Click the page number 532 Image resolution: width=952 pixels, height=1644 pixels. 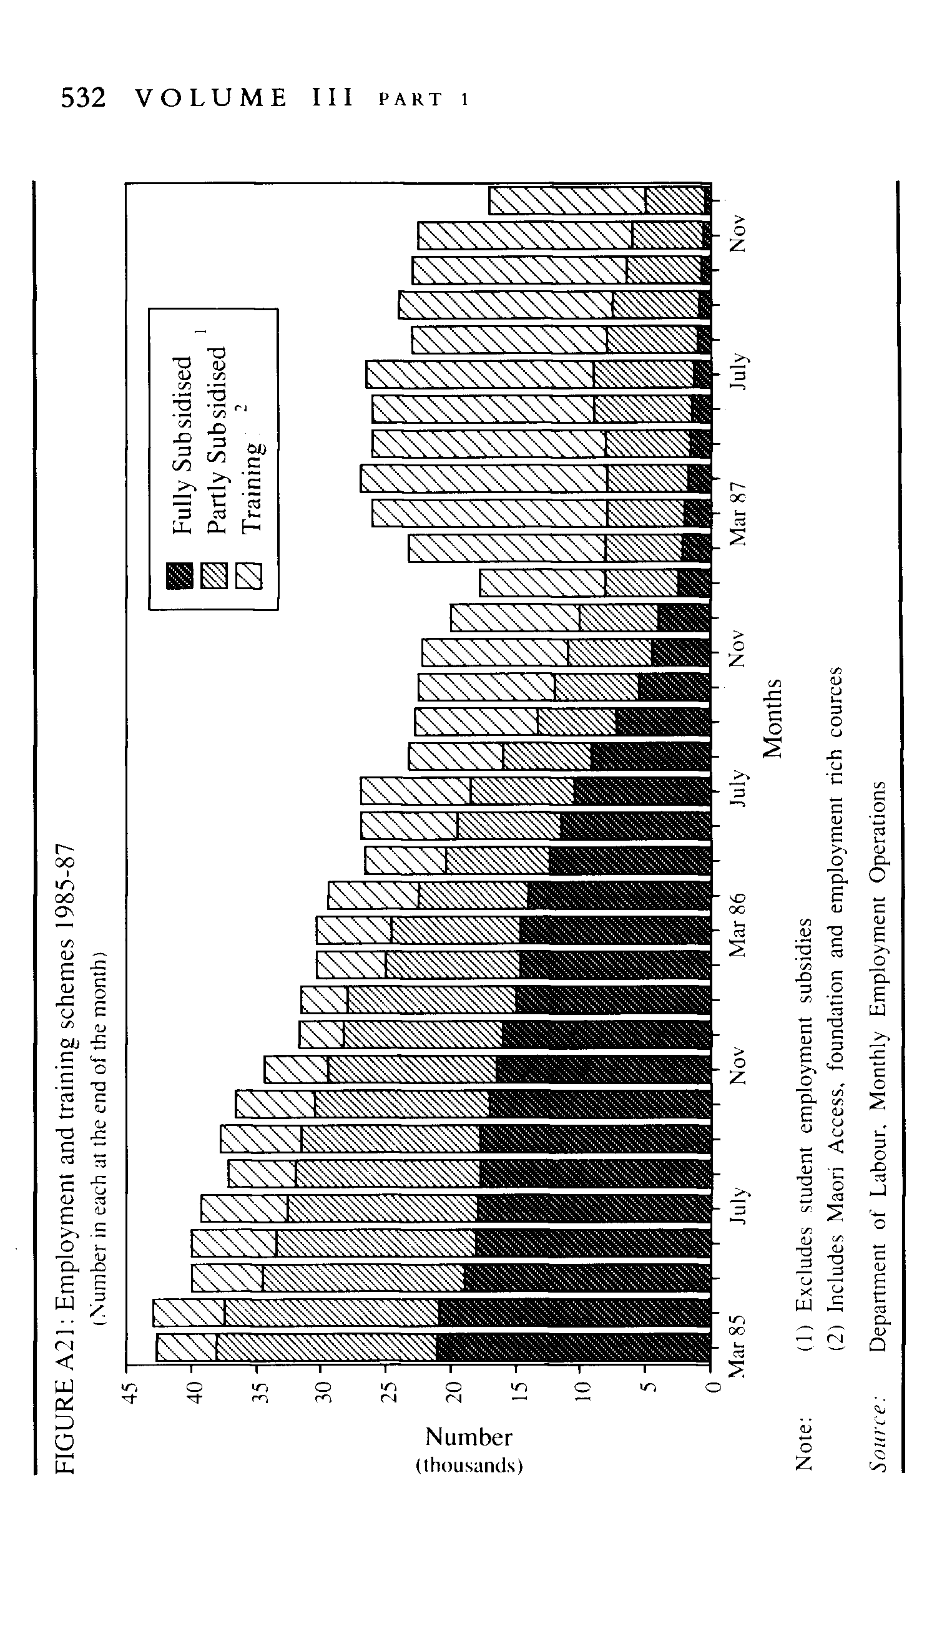pos(83,98)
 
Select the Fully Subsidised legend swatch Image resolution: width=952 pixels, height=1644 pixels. pos(180,575)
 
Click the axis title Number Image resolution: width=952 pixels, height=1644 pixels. pos(468,1437)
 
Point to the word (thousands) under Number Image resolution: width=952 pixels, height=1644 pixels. pos(468,1465)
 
